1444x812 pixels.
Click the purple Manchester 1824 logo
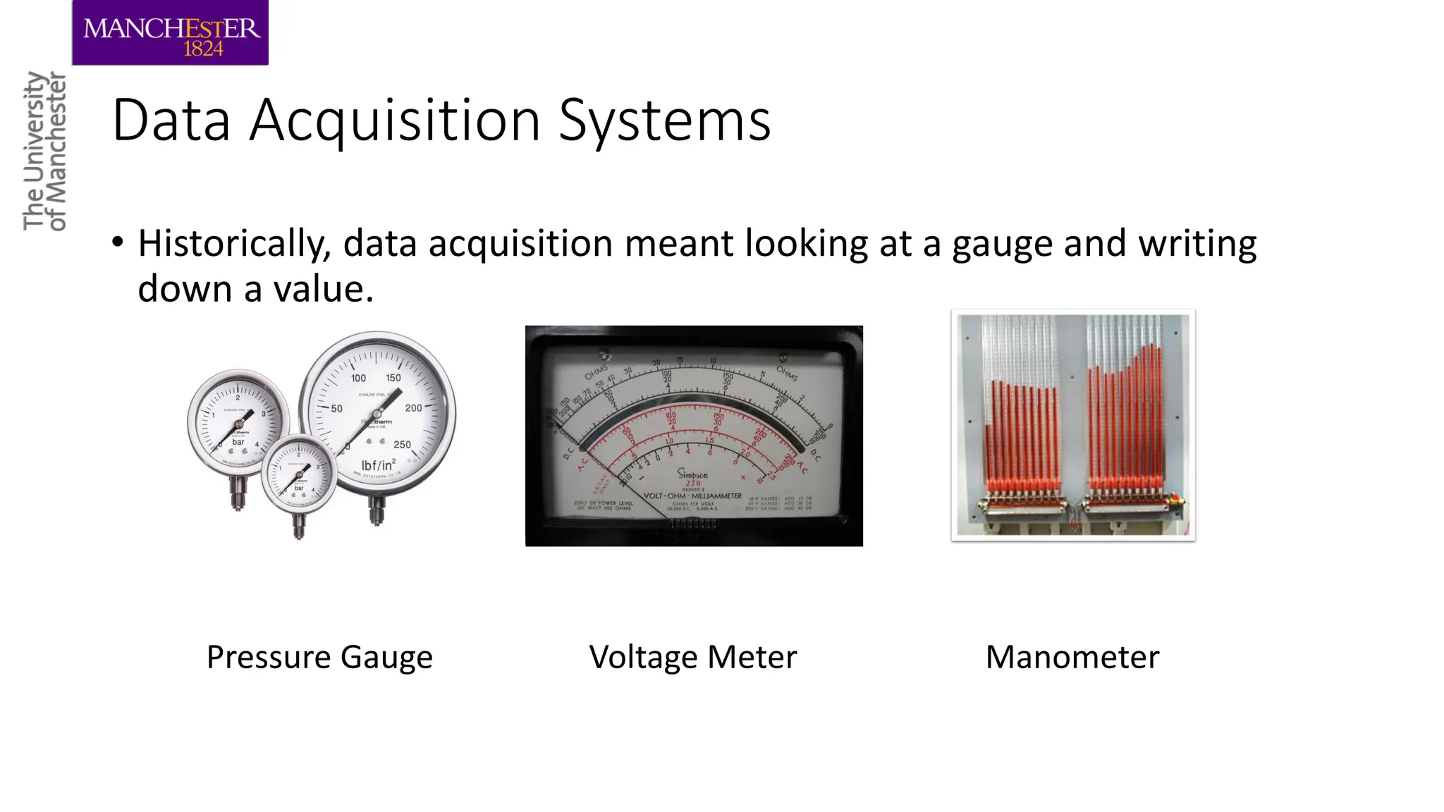pos(170,33)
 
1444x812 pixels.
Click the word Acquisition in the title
pos(396,121)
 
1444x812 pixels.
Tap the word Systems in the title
pos(665,121)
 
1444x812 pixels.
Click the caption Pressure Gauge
pos(319,657)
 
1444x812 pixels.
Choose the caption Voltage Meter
pos(693,657)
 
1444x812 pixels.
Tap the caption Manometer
pos(1072,657)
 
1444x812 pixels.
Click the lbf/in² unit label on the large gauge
pos(378,466)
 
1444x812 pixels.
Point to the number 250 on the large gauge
pos(402,445)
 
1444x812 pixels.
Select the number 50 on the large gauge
pos(337,408)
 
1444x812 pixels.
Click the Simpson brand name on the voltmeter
pos(693,474)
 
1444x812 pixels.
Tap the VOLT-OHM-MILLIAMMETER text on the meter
pos(692,496)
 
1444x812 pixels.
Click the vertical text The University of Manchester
pos(44,151)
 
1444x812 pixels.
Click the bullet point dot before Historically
pos(118,242)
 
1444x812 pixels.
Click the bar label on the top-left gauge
pos(238,442)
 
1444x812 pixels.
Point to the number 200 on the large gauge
pos(413,408)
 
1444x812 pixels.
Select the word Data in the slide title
pos(171,121)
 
